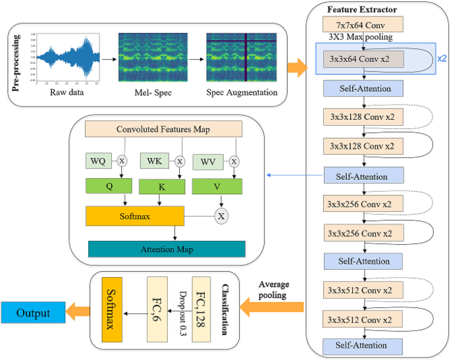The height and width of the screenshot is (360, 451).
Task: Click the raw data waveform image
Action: (68, 61)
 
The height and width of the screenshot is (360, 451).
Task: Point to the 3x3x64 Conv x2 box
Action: (363, 57)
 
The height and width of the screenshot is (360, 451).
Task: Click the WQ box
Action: (97, 161)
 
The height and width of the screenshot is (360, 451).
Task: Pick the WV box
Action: (207, 161)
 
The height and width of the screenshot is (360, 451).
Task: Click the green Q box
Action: (110, 186)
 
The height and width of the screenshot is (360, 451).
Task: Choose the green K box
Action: (161, 187)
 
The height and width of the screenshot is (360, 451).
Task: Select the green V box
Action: (217, 186)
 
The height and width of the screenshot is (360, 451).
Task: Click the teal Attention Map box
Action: (167, 249)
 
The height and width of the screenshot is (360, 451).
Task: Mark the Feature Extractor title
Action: (363, 9)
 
